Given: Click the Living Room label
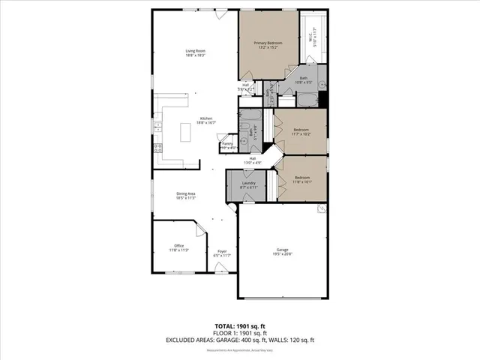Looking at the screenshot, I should pos(196,52).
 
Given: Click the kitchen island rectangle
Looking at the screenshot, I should pos(184,133).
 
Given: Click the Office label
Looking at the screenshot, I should pos(178,247).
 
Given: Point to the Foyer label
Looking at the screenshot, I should pos(222,253).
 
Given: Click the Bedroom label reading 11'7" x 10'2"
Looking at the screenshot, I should pos(301,131).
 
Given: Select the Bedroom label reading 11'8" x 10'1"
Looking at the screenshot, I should pos(301,179).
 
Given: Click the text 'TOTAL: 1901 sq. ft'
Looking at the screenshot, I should pos(240,326).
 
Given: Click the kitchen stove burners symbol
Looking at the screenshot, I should pos(157,147).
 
